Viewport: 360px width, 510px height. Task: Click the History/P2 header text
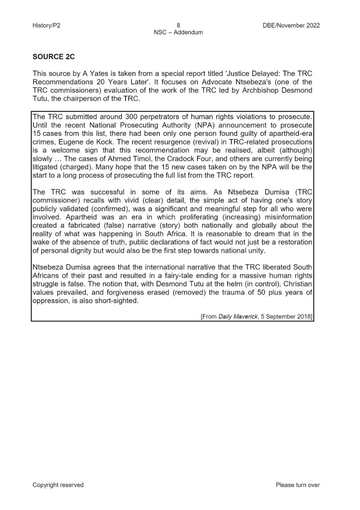pyautogui.click(x=46, y=26)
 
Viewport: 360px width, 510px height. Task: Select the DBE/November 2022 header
pyautogui.click(x=289, y=26)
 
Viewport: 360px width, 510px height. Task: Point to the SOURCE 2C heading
pyautogui.click(x=53, y=57)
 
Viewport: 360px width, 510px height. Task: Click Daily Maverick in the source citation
pyautogui.click(x=239, y=316)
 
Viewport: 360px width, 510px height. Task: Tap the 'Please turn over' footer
pyautogui.click(x=297, y=485)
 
